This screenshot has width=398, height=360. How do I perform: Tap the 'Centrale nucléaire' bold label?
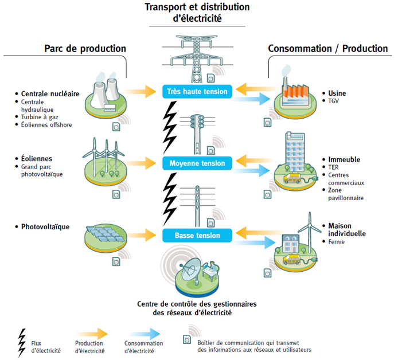[x=49, y=93]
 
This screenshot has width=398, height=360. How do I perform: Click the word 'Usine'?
[x=337, y=93]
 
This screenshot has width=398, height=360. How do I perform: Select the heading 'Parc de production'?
[x=85, y=49]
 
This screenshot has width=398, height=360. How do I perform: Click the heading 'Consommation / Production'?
[x=328, y=49]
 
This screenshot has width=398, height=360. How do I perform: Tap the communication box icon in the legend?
[x=186, y=339]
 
